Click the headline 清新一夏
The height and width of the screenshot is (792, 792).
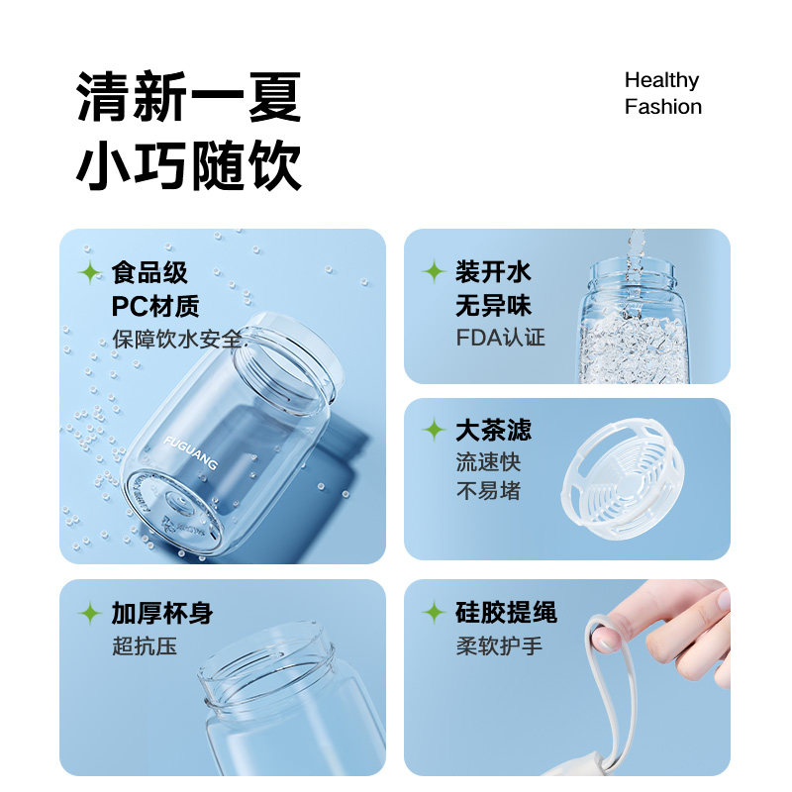(x=189, y=99)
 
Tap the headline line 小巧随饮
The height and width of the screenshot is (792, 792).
(x=189, y=166)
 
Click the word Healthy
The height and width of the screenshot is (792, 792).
(x=661, y=80)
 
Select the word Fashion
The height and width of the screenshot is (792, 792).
(x=662, y=107)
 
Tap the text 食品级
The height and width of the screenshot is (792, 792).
(x=149, y=272)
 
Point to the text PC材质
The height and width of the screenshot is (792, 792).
(x=155, y=305)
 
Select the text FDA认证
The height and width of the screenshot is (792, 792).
(x=500, y=337)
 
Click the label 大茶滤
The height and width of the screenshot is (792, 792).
(x=493, y=430)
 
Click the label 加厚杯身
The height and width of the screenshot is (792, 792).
(x=161, y=613)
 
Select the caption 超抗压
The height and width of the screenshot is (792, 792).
(x=144, y=647)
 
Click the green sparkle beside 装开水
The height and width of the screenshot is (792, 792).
(x=433, y=271)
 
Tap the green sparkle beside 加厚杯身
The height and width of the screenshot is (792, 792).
(x=90, y=613)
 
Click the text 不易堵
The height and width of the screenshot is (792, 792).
(x=488, y=491)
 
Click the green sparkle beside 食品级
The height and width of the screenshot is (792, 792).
(x=90, y=272)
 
